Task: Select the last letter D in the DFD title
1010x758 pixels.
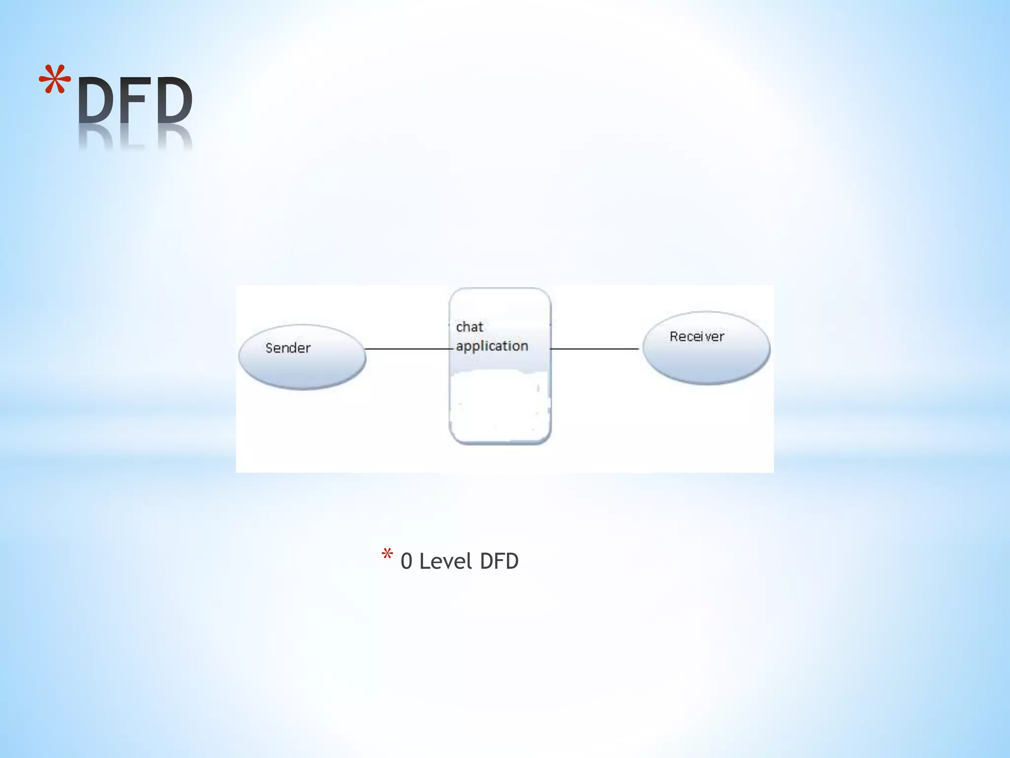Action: click(x=171, y=101)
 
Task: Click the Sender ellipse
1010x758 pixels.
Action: click(x=302, y=370)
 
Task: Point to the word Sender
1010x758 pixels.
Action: click(x=288, y=348)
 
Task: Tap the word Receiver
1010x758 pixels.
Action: click(x=697, y=337)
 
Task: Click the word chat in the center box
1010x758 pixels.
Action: click(x=469, y=327)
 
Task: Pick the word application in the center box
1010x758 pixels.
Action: click(x=492, y=346)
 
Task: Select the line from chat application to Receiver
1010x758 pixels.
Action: click(x=595, y=349)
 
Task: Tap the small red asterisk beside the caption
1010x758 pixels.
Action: click(x=387, y=555)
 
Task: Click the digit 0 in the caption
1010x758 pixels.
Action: click(x=406, y=562)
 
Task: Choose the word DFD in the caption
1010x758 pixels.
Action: click(x=499, y=562)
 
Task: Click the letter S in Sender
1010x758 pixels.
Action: click(x=269, y=348)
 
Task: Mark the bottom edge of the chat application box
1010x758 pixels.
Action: click(x=500, y=443)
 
